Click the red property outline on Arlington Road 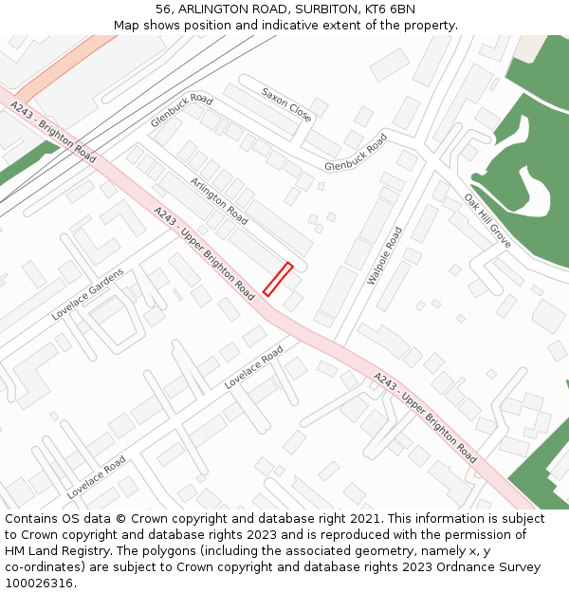277,279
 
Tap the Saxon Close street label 286,104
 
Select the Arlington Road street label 219,201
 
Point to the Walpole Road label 385,256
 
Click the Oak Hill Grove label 487,221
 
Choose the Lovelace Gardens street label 87,294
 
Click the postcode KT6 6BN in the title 389,9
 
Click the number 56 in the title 165,9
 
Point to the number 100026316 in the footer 39,584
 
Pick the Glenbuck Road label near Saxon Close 181,110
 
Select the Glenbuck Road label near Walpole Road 356,153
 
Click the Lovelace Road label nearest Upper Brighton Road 253,368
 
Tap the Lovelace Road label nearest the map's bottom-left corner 96,477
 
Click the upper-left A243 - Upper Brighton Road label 203,250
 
